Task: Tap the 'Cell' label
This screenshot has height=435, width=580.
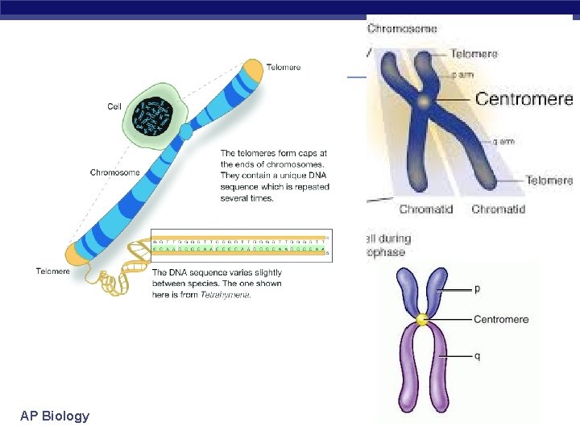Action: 115,106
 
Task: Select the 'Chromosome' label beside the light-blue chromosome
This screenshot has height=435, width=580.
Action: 114,172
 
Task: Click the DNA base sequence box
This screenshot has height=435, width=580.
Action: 240,245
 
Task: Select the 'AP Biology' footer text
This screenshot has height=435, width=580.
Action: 55,416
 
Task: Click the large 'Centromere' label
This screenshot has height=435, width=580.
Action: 524,99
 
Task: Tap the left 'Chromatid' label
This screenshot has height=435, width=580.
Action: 425,209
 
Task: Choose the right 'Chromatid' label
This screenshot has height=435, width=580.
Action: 498,209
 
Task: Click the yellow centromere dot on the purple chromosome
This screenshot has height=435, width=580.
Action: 421,321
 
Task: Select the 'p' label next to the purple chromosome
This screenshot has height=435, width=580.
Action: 478,288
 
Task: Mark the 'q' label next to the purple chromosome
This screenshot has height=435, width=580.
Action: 478,356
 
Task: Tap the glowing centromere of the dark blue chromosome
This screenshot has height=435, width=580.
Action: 422,101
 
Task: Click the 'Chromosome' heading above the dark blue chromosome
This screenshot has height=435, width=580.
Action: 402,29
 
